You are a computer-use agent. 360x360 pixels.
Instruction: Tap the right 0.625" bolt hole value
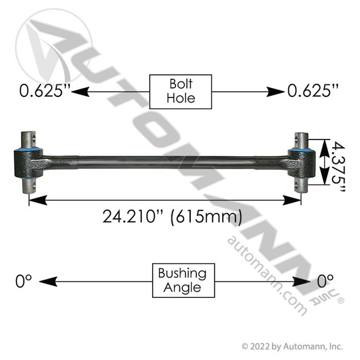313,91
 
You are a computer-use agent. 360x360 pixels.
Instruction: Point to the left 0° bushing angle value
23,281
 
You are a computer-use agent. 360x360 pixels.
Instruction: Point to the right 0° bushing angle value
325,281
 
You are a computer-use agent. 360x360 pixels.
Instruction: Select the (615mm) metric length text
206,216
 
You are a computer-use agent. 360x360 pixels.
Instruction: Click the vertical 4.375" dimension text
338,167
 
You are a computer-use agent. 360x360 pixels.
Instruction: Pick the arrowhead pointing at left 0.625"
80,92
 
